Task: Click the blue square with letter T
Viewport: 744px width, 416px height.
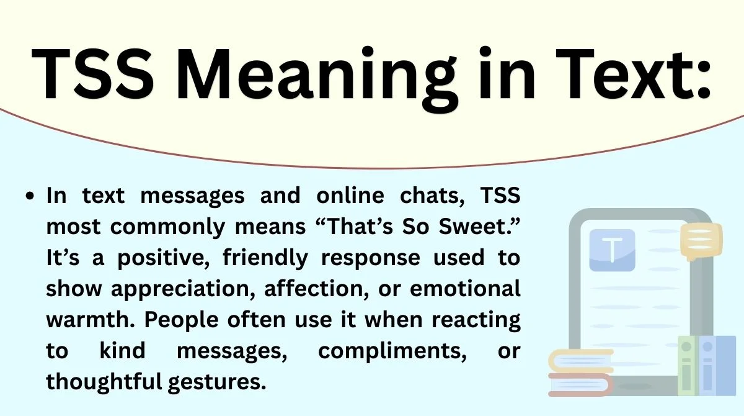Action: (612, 250)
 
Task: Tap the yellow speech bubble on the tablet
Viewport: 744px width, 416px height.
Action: (701, 242)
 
